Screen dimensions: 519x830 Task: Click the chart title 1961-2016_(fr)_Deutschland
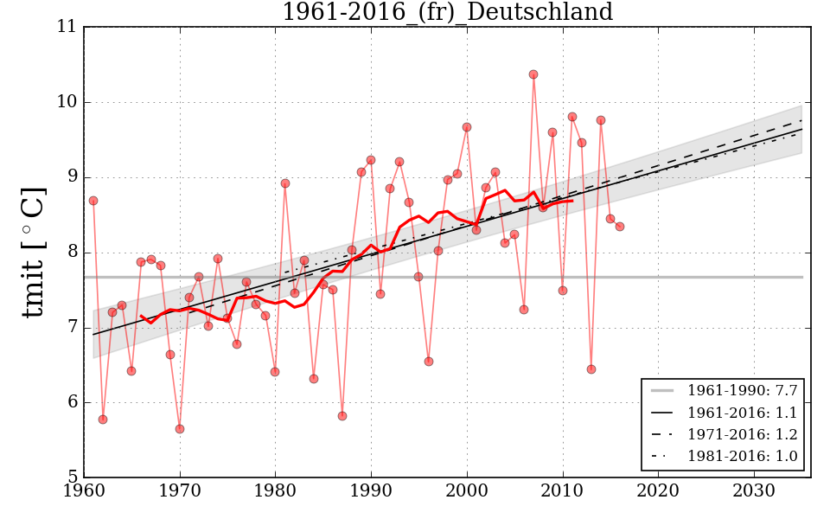[x=447, y=13]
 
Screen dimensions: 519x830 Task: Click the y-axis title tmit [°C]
[x=34, y=252]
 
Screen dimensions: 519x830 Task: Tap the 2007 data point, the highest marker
[x=533, y=74]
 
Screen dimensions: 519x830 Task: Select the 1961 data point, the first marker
[x=93, y=201]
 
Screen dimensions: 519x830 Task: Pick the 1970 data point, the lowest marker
[x=180, y=429]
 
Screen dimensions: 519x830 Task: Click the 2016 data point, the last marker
[x=620, y=227]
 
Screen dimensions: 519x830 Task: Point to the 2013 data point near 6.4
[x=591, y=369]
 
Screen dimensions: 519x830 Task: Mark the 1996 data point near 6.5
[x=429, y=362]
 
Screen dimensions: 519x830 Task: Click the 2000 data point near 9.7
[x=467, y=127]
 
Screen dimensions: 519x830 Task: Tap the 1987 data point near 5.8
[x=342, y=416]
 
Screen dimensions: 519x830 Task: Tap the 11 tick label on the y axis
[x=67, y=27]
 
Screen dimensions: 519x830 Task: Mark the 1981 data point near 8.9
[x=285, y=183]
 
